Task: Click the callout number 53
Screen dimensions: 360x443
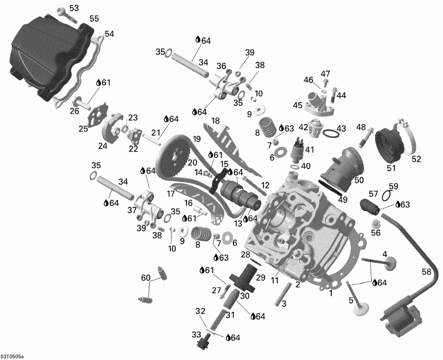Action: tap(73, 8)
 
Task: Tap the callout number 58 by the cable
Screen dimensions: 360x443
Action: tap(426, 272)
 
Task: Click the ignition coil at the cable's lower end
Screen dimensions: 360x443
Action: tap(401, 317)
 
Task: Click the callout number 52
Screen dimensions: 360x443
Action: tap(416, 158)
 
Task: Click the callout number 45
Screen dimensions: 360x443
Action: tap(297, 105)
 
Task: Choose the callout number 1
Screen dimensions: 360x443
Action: tap(331, 293)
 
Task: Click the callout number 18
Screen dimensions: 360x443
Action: tap(215, 121)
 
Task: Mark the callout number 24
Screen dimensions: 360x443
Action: tap(102, 146)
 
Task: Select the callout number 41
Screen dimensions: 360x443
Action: tap(309, 150)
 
